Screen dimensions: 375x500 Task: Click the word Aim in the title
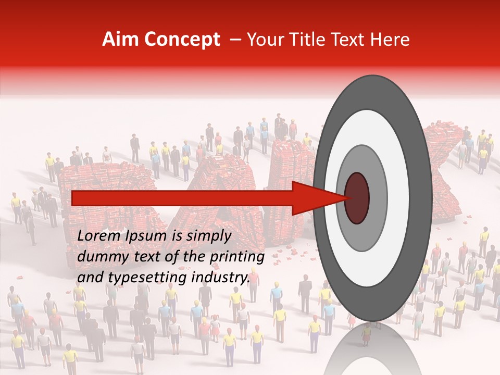pos(120,40)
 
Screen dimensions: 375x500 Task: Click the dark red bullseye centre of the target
pos(357,198)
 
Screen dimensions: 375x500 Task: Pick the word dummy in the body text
pos(98,257)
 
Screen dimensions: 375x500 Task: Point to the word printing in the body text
pos(238,257)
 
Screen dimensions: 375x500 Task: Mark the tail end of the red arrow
pos(76,198)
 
